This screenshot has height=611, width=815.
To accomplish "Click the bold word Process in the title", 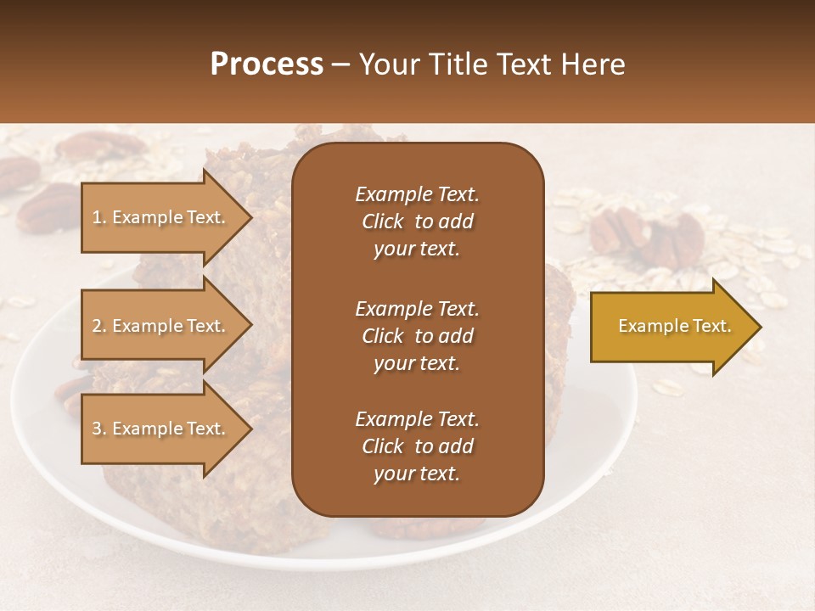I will click(267, 64).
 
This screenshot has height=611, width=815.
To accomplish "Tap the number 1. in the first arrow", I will click(99, 217).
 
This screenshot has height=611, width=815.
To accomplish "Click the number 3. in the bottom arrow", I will click(99, 429).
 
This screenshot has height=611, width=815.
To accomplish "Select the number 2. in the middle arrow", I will click(99, 326).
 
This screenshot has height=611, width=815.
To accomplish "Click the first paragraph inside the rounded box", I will click(417, 221).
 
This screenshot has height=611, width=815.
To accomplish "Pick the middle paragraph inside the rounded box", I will click(417, 336).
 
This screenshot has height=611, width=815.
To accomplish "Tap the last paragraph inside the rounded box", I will click(417, 446).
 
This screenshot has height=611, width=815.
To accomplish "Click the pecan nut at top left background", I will click(102, 146).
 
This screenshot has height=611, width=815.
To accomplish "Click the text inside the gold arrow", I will click(674, 326).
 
